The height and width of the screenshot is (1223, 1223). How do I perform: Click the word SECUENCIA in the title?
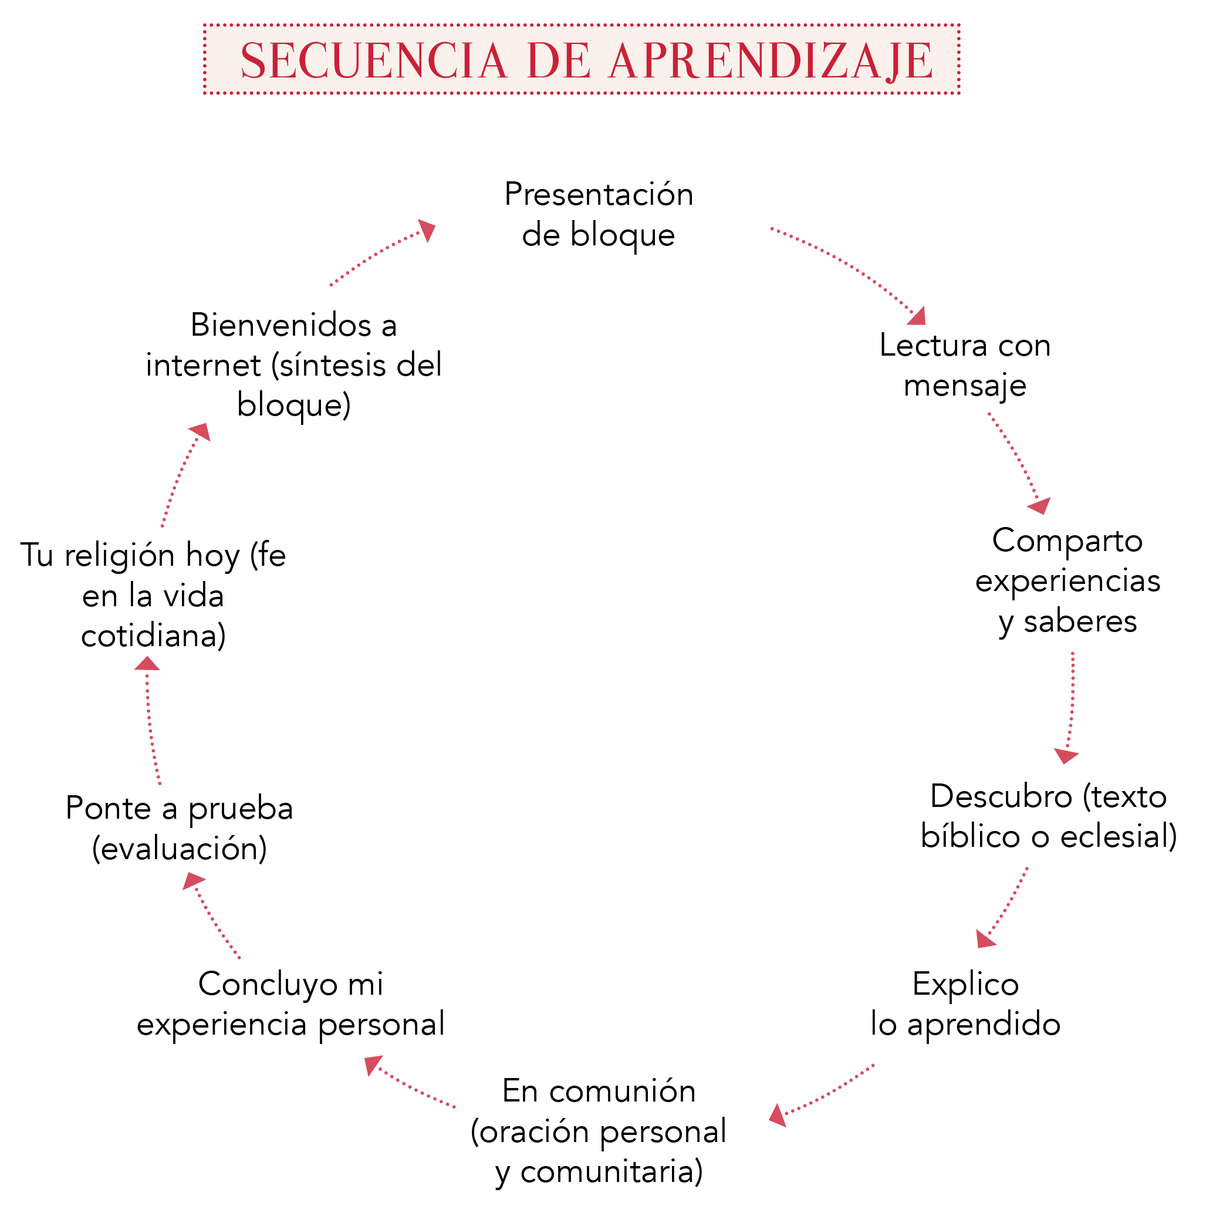click(x=373, y=62)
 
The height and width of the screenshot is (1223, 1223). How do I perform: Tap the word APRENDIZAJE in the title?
click(x=772, y=62)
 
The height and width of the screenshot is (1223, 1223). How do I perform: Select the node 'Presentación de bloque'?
click(x=599, y=215)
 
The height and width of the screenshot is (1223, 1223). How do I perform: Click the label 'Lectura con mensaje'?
click(x=965, y=366)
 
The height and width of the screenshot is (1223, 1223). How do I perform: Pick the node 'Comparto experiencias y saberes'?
click(x=1068, y=581)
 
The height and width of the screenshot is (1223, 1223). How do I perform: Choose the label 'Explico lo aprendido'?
click(x=965, y=1005)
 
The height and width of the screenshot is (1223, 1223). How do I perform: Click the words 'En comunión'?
click(x=599, y=1091)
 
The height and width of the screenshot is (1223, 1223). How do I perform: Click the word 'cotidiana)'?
click(x=154, y=636)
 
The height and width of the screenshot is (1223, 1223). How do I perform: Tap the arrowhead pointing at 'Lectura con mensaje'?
click(x=918, y=316)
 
